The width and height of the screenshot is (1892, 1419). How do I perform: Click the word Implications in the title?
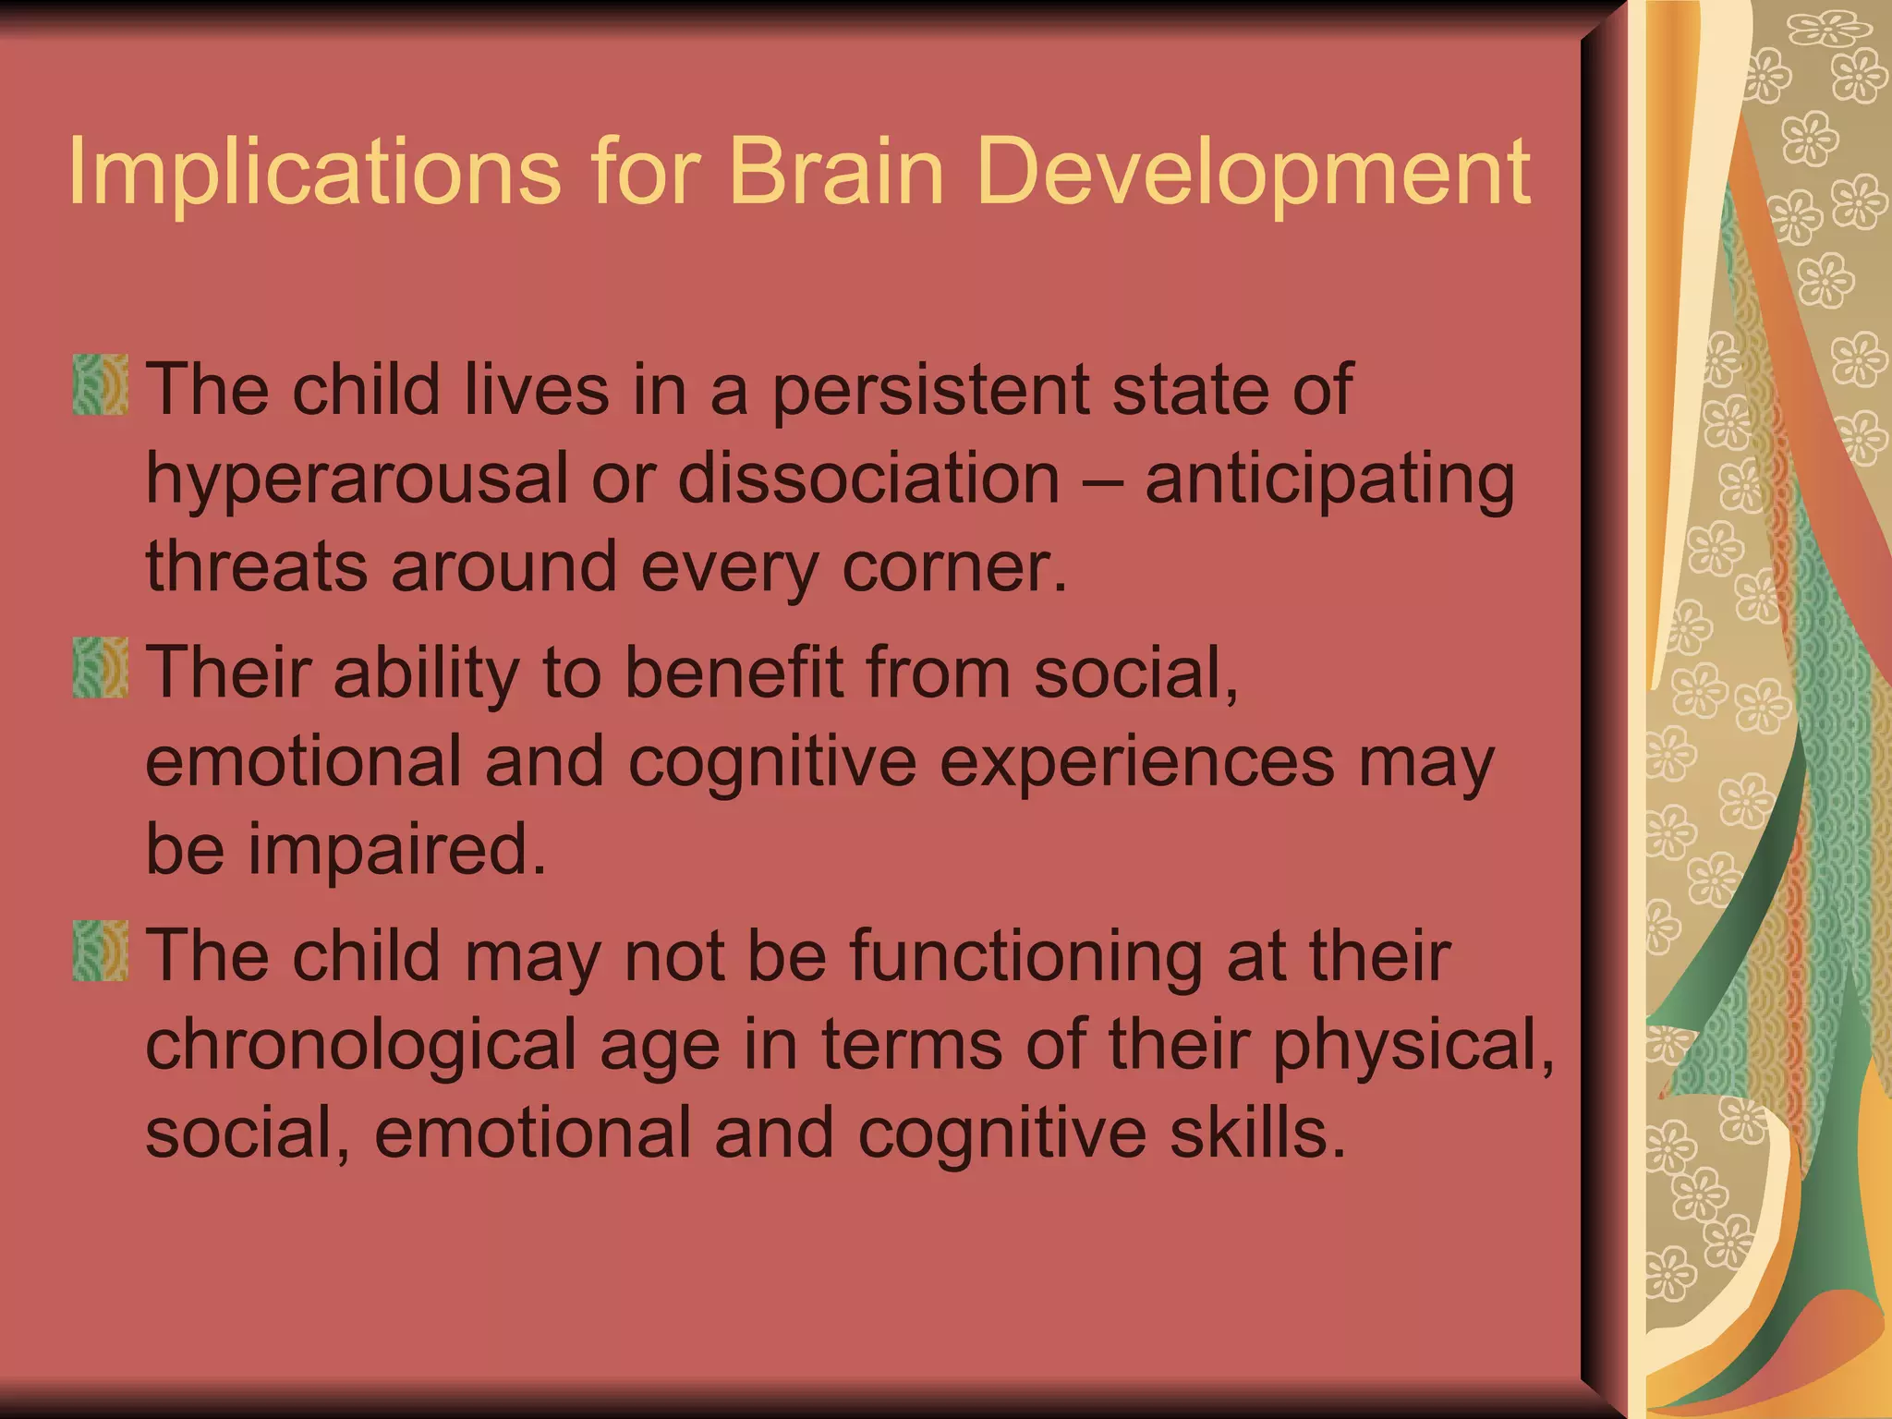[314, 172]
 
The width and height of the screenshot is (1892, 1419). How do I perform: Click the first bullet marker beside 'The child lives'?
[100, 385]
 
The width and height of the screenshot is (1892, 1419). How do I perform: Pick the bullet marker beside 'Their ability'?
[100, 668]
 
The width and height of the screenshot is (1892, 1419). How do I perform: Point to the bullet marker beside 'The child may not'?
[100, 951]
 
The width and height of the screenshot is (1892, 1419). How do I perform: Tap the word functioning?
[1025, 957]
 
